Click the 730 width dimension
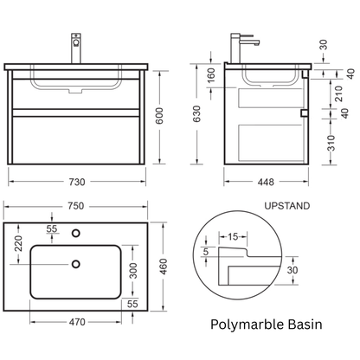pyautogui.click(x=77, y=182)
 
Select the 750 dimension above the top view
pyautogui.click(x=76, y=206)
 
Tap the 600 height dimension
pyautogui.click(x=159, y=116)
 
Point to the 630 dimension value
pyautogui.click(x=196, y=113)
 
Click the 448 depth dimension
pyautogui.click(x=266, y=182)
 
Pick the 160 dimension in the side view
pyautogui.click(x=211, y=75)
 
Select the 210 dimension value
pyautogui.click(x=338, y=93)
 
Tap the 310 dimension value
pyautogui.click(x=331, y=143)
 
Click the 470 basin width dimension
pyautogui.click(x=77, y=322)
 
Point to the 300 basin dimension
pyautogui.click(x=133, y=271)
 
